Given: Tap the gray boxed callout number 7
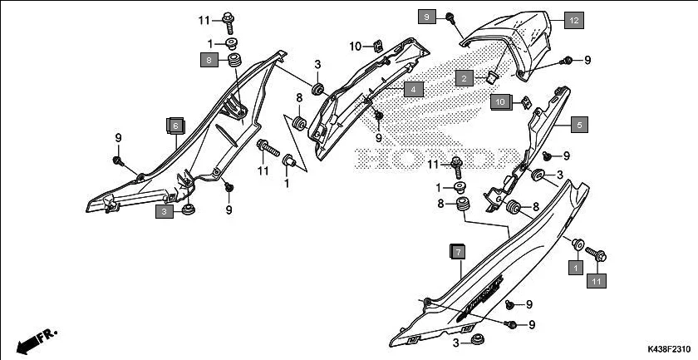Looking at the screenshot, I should coord(458,252).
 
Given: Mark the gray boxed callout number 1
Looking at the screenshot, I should coord(573,269).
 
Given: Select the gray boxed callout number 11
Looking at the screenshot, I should coord(596,283).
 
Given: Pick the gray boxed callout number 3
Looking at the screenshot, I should coord(165,213).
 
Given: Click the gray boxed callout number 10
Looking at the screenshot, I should coord(500,102).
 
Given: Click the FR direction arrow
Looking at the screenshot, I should coord(34,340).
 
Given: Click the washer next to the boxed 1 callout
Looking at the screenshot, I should coord(575,243).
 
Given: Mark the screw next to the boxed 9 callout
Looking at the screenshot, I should coord(449,17).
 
